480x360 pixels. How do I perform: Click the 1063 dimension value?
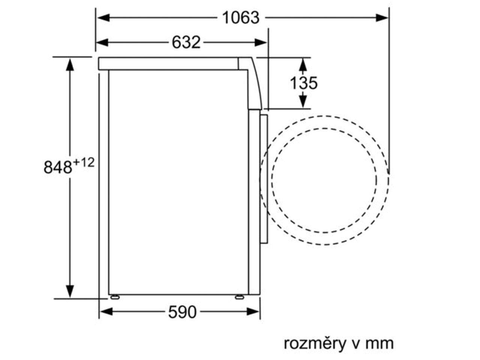tap(240, 18)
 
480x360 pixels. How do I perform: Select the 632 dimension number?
tap(186, 42)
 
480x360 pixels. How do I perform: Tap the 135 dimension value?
tap(303, 83)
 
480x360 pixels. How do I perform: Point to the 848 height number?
tap(58, 167)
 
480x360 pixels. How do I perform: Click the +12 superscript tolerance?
tap(84, 163)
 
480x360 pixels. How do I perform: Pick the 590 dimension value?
tap(182, 312)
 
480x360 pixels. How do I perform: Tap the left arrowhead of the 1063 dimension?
tap(103, 18)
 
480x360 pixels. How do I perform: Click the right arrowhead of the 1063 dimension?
tap(382, 18)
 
